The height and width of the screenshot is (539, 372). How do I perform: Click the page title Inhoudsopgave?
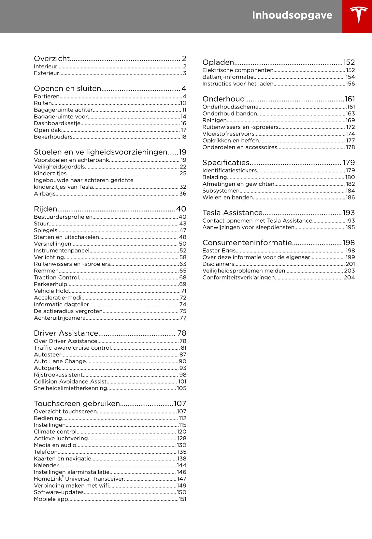[x=292, y=15]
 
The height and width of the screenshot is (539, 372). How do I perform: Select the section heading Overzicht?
[x=52, y=59]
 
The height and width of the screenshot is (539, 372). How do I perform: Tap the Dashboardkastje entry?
[x=57, y=124]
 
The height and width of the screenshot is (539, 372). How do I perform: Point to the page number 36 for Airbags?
[x=183, y=194]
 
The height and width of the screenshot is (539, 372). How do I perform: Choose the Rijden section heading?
[x=46, y=209]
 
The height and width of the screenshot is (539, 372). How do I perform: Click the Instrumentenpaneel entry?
[x=62, y=251]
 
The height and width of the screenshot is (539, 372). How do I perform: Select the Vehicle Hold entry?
[x=51, y=291]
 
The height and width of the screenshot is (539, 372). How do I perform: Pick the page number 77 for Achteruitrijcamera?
[x=183, y=318]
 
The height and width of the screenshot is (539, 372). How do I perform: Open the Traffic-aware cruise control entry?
[x=72, y=348]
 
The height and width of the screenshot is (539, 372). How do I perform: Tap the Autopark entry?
[x=47, y=368]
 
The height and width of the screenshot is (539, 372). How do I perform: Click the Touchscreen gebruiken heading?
[x=77, y=404]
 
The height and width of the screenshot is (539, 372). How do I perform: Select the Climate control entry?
[x=55, y=432]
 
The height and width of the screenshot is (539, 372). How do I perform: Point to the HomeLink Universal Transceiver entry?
[x=79, y=479]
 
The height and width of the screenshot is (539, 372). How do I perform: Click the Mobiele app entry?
[x=51, y=499]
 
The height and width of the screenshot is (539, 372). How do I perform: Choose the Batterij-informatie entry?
[x=228, y=77]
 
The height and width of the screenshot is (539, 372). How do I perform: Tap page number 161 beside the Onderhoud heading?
[x=350, y=99]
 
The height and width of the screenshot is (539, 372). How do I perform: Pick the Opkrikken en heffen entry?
[x=231, y=141]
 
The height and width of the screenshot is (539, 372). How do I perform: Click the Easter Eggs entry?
[x=219, y=251]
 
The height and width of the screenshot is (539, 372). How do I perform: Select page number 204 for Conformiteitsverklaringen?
[x=349, y=278]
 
